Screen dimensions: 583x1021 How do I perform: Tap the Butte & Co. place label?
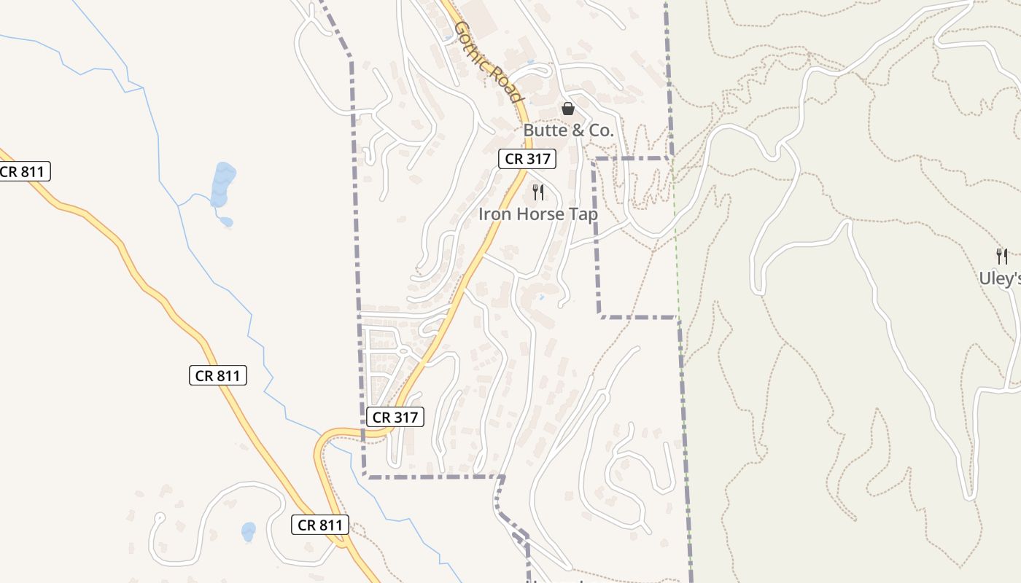pyautogui.click(x=568, y=131)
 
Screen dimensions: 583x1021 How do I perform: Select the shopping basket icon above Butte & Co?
pyautogui.click(x=568, y=109)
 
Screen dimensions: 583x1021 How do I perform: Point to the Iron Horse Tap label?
pyautogui.click(x=538, y=214)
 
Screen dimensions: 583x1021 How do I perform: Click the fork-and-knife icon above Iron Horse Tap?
pyautogui.click(x=538, y=192)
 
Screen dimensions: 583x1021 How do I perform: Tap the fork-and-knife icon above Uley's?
pyautogui.click(x=1002, y=257)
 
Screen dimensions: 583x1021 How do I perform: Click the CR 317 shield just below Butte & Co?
pyautogui.click(x=527, y=159)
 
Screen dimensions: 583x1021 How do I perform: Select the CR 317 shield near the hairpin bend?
pyautogui.click(x=394, y=417)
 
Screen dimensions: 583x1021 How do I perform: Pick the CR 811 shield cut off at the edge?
pyautogui.click(x=23, y=172)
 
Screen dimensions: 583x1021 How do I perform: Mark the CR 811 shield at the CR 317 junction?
pyautogui.click(x=320, y=525)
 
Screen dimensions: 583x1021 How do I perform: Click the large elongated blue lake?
pyautogui.click(x=222, y=186)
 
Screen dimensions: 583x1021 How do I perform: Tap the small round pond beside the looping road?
pyautogui.click(x=249, y=531)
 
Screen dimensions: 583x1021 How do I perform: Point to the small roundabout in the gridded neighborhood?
pyautogui.click(x=403, y=352)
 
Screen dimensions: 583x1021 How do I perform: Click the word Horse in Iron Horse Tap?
pyautogui.click(x=538, y=214)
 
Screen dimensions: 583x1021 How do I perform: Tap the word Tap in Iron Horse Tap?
pyautogui.click(x=583, y=214)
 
